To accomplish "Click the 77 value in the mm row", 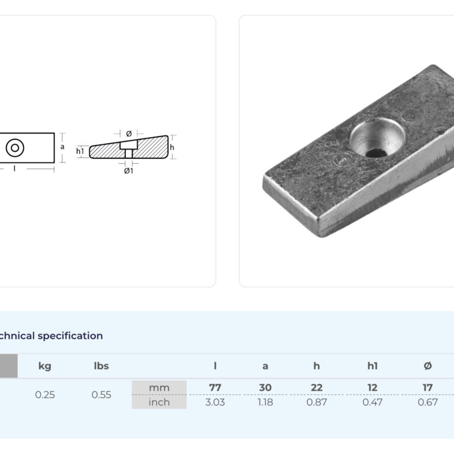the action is click(215, 387).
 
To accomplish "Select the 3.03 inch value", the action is click(215, 402).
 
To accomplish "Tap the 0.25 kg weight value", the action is click(45, 395).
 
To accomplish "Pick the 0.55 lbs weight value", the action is click(101, 395).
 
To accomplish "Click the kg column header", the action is click(45, 367).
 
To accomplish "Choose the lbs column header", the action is click(101, 366).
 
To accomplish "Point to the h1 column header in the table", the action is click(372, 366).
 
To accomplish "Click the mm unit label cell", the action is click(159, 388).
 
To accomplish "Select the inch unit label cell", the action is click(159, 402).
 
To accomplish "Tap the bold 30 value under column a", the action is click(265, 387).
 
